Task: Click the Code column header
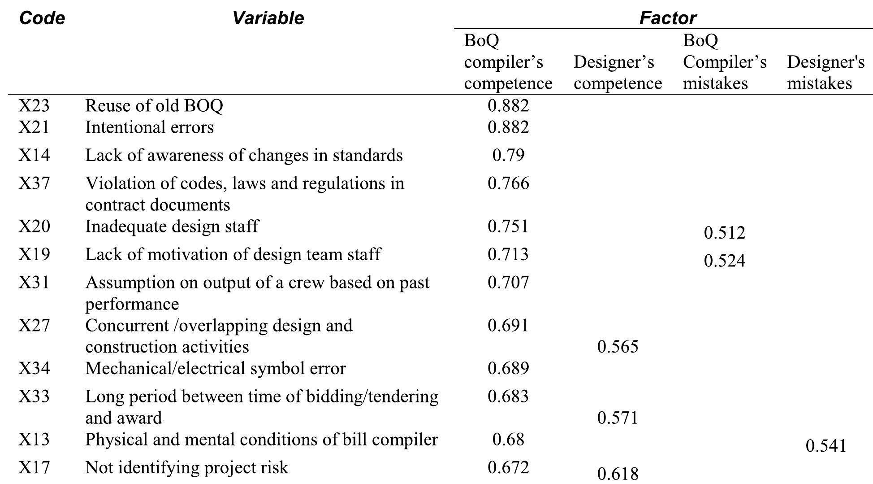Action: pyautogui.click(x=42, y=18)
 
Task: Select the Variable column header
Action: pyautogui.click(x=268, y=18)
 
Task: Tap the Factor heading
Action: pyautogui.click(x=667, y=18)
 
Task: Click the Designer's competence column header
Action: pyautogui.click(x=617, y=73)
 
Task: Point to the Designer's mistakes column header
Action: pyautogui.click(x=825, y=73)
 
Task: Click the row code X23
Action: pyautogui.click(x=34, y=105)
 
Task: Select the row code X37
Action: pyautogui.click(x=34, y=183)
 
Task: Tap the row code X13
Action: pyautogui.click(x=34, y=439)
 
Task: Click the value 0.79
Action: pyautogui.click(x=508, y=155)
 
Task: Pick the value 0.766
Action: pyautogui.click(x=508, y=183)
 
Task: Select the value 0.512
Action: pyautogui.click(x=724, y=232)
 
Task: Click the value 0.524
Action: pyautogui.click(x=724, y=261)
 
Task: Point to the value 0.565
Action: pyautogui.click(x=618, y=347)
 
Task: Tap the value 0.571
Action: pyautogui.click(x=618, y=418)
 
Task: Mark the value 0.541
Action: pyautogui.click(x=825, y=446)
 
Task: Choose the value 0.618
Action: pyautogui.click(x=618, y=474)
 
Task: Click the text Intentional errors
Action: pyautogui.click(x=149, y=127)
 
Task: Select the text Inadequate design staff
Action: pyautogui.click(x=172, y=226)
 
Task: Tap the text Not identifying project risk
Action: pyautogui.click(x=186, y=467)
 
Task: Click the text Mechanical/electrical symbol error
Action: pyautogui.click(x=215, y=368)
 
